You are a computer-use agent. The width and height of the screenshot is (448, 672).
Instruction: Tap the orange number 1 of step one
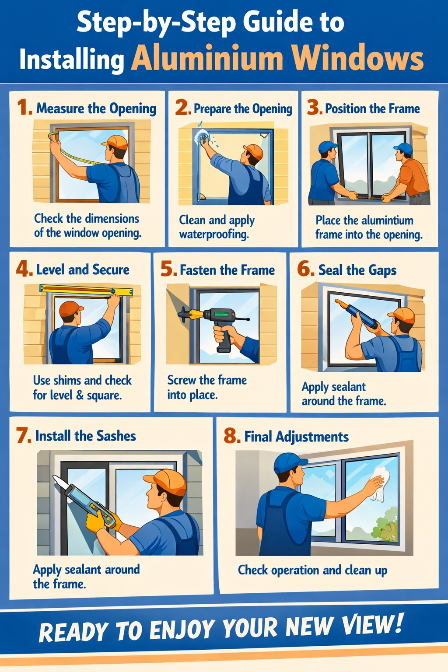[x=24, y=108]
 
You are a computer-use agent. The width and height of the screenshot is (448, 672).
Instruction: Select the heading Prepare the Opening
[x=243, y=108]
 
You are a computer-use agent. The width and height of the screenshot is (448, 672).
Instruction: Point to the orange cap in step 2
[x=253, y=151]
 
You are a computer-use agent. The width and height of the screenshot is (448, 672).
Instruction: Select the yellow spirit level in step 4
[x=86, y=289]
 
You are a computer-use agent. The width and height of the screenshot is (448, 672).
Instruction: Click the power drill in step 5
[x=214, y=319]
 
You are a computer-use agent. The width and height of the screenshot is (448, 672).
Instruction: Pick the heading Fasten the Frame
[x=227, y=270]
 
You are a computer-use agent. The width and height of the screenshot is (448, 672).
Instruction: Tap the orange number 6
[x=305, y=269]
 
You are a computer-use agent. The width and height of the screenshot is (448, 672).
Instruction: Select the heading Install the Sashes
[x=85, y=436]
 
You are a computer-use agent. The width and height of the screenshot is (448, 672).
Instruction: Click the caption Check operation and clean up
[x=312, y=570]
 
